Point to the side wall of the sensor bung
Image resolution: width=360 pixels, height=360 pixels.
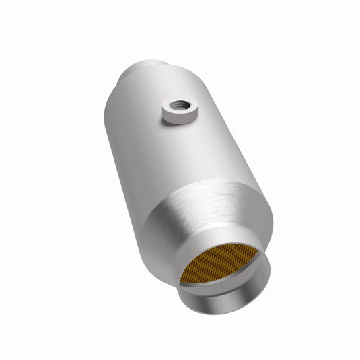click(176, 118)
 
